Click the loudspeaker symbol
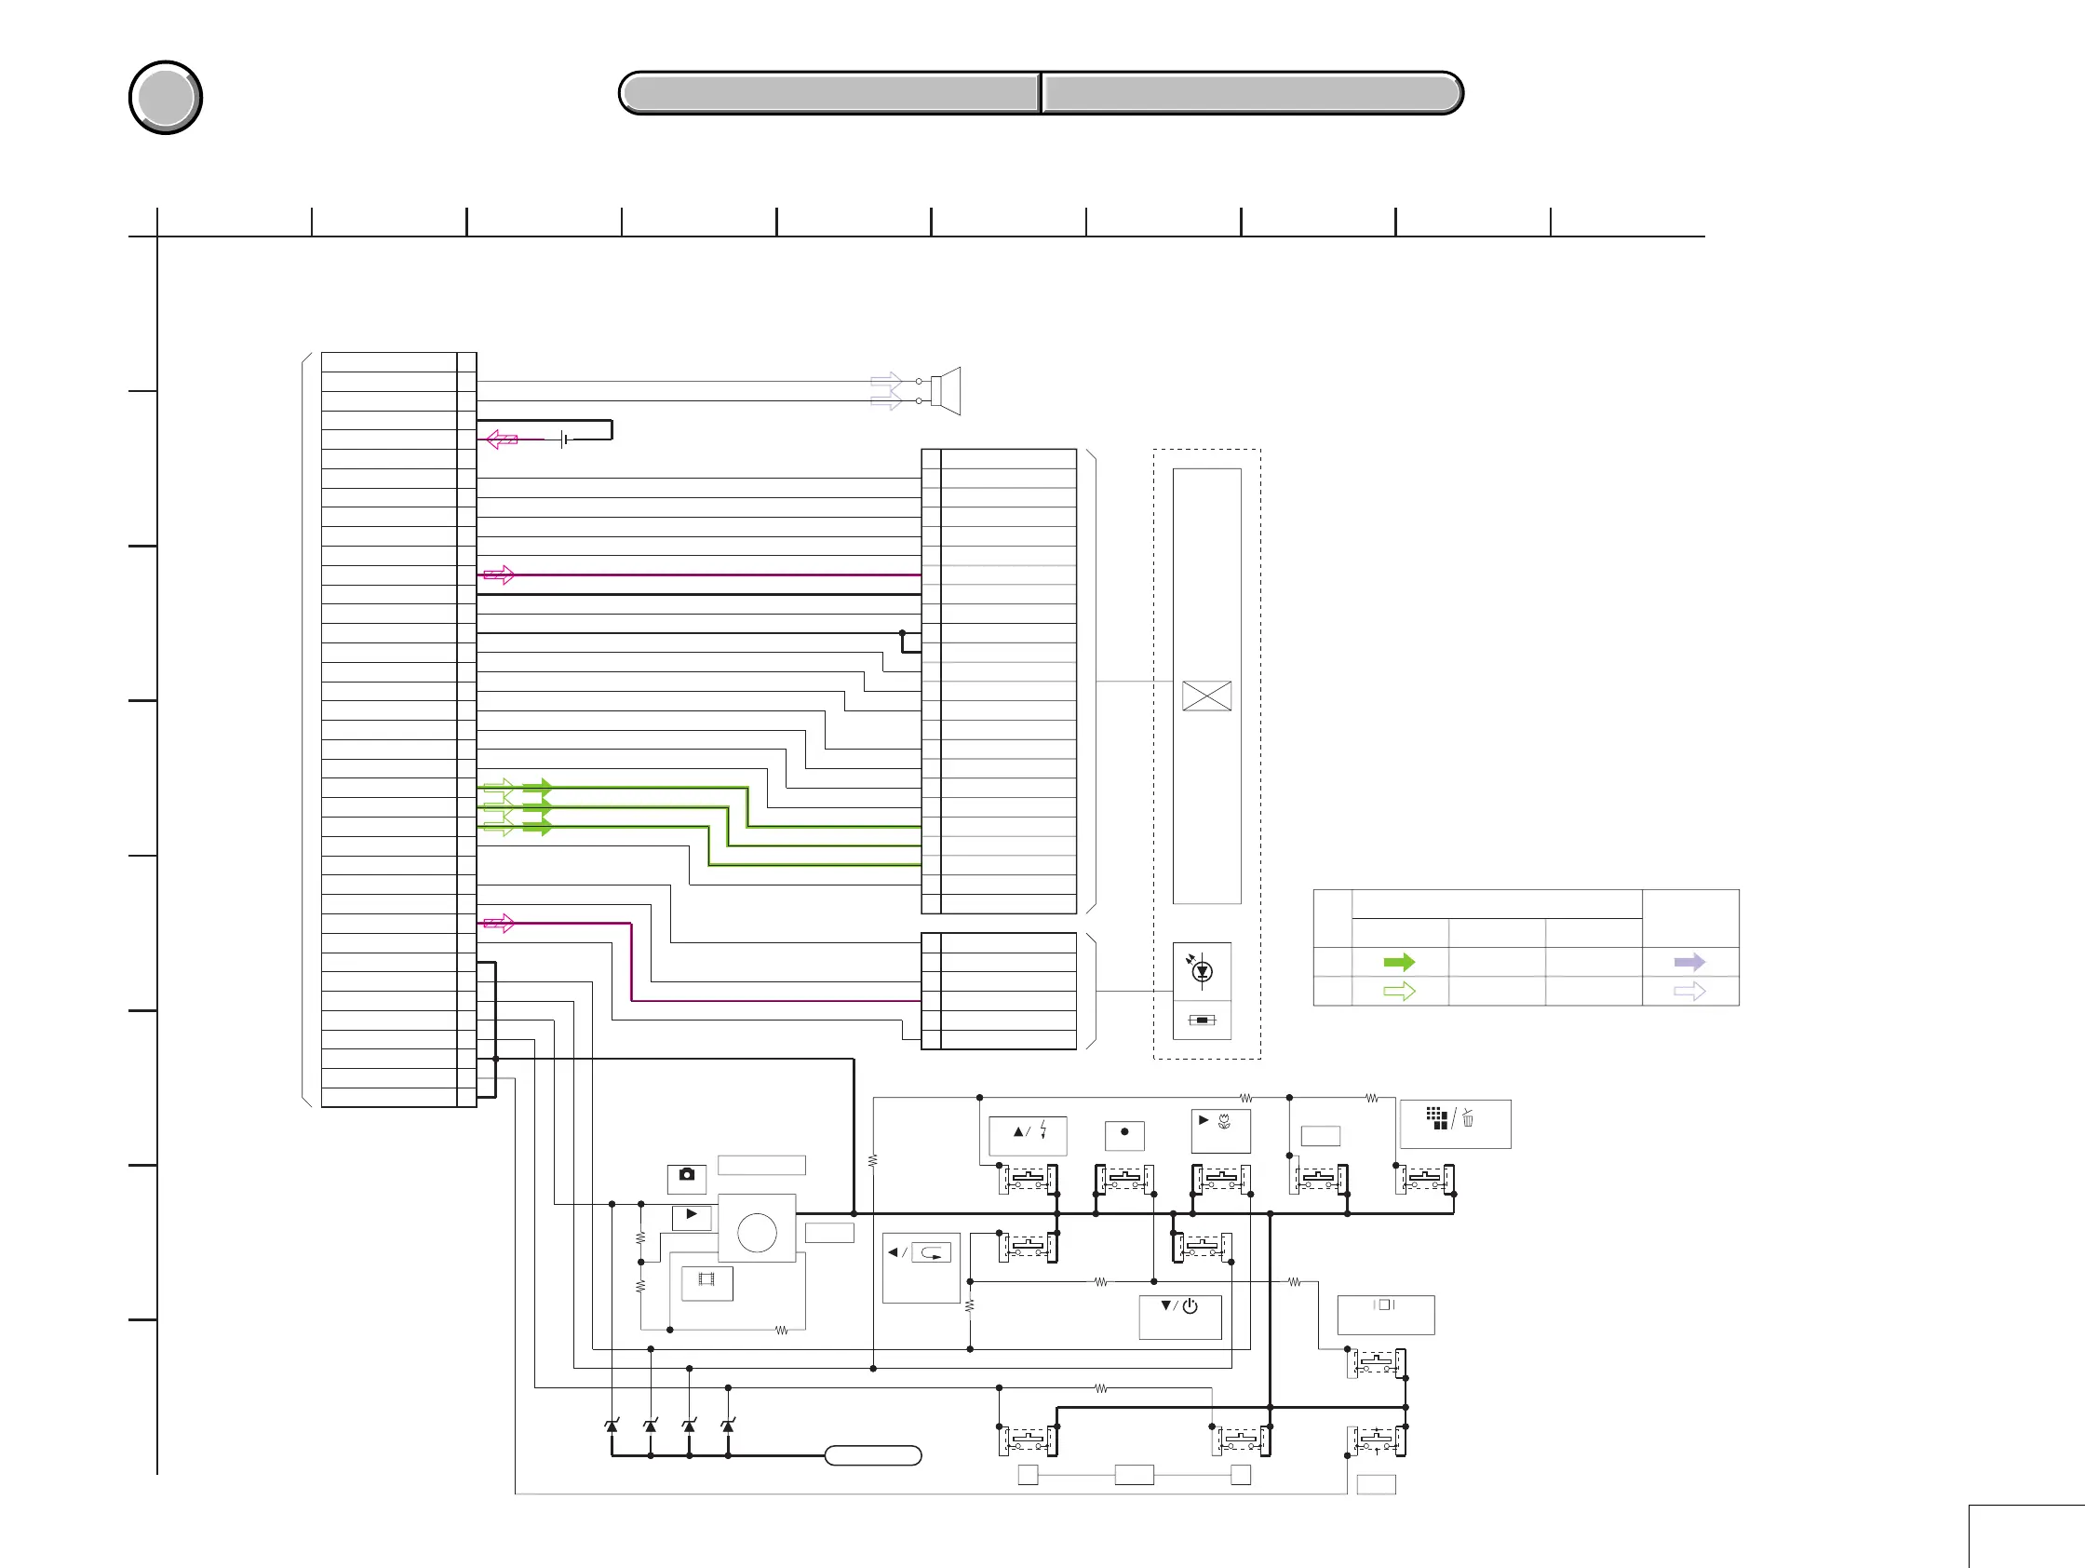(x=945, y=390)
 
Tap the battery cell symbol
(x=563, y=439)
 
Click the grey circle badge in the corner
(x=166, y=97)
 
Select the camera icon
(x=686, y=1175)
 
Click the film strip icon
(x=706, y=1279)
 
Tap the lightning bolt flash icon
(x=1043, y=1130)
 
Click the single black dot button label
(x=1124, y=1131)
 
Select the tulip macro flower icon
(x=1224, y=1121)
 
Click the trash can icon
(x=1468, y=1118)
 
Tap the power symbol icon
(x=1190, y=1305)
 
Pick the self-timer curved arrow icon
(x=932, y=1253)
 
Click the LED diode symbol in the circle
(x=1202, y=970)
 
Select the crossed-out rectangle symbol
(x=1206, y=696)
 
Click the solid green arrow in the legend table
(x=1399, y=962)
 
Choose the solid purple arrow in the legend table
(x=1689, y=962)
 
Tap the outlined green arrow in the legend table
(x=1399, y=991)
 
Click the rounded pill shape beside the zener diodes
(x=873, y=1455)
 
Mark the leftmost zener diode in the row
(x=612, y=1426)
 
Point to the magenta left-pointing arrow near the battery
(x=502, y=439)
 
